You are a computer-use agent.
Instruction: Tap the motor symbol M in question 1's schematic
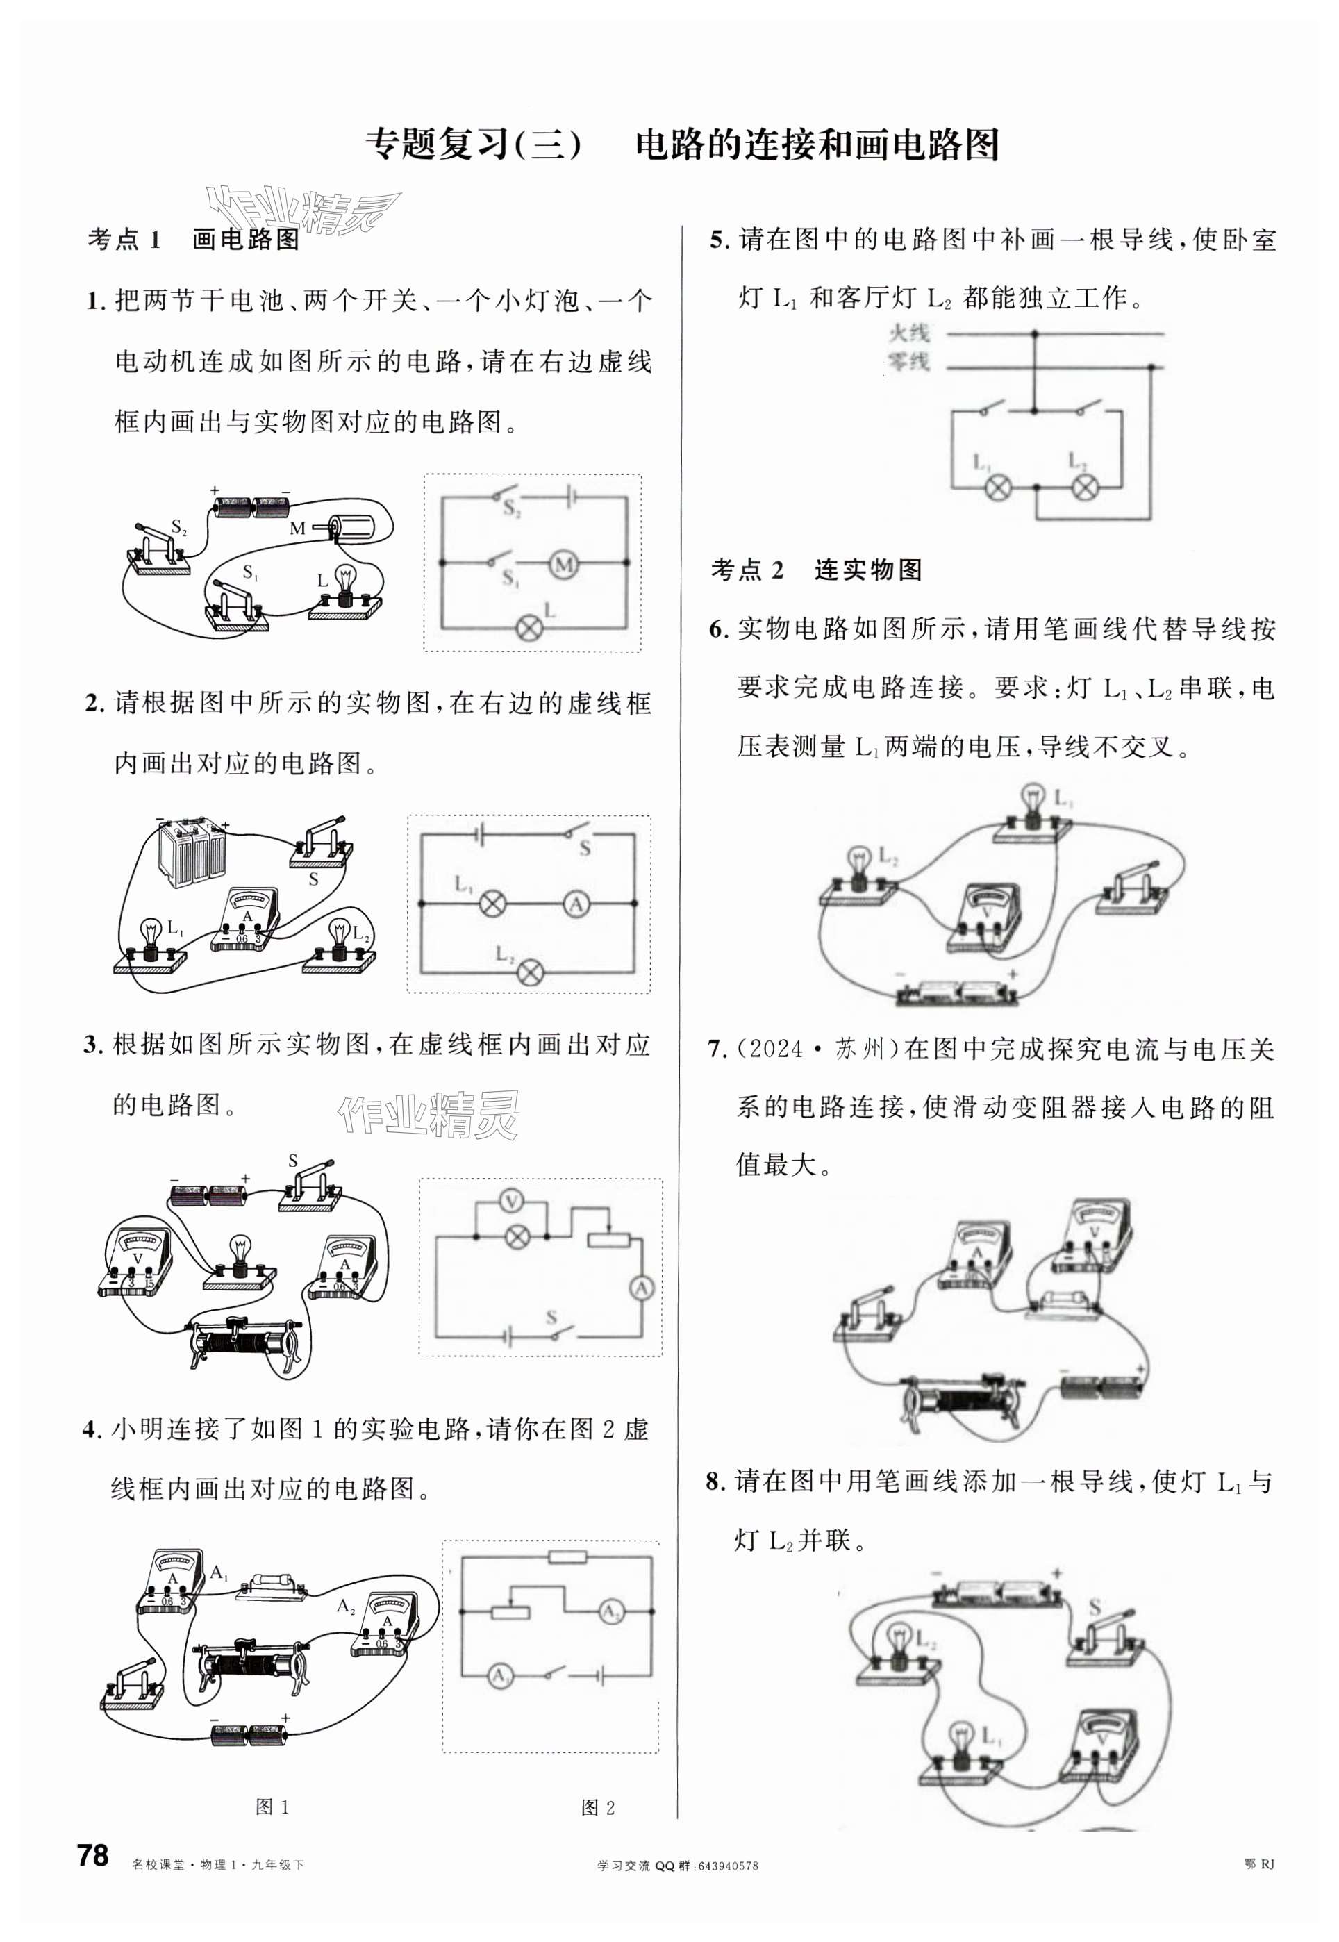564,565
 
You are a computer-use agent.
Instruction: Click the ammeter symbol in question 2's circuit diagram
576,904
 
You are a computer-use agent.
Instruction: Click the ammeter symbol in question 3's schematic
642,1288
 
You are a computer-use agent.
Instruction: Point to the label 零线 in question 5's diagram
908,362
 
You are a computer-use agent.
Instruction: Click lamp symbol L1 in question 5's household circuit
997,487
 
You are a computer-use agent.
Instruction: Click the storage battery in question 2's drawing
194,852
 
